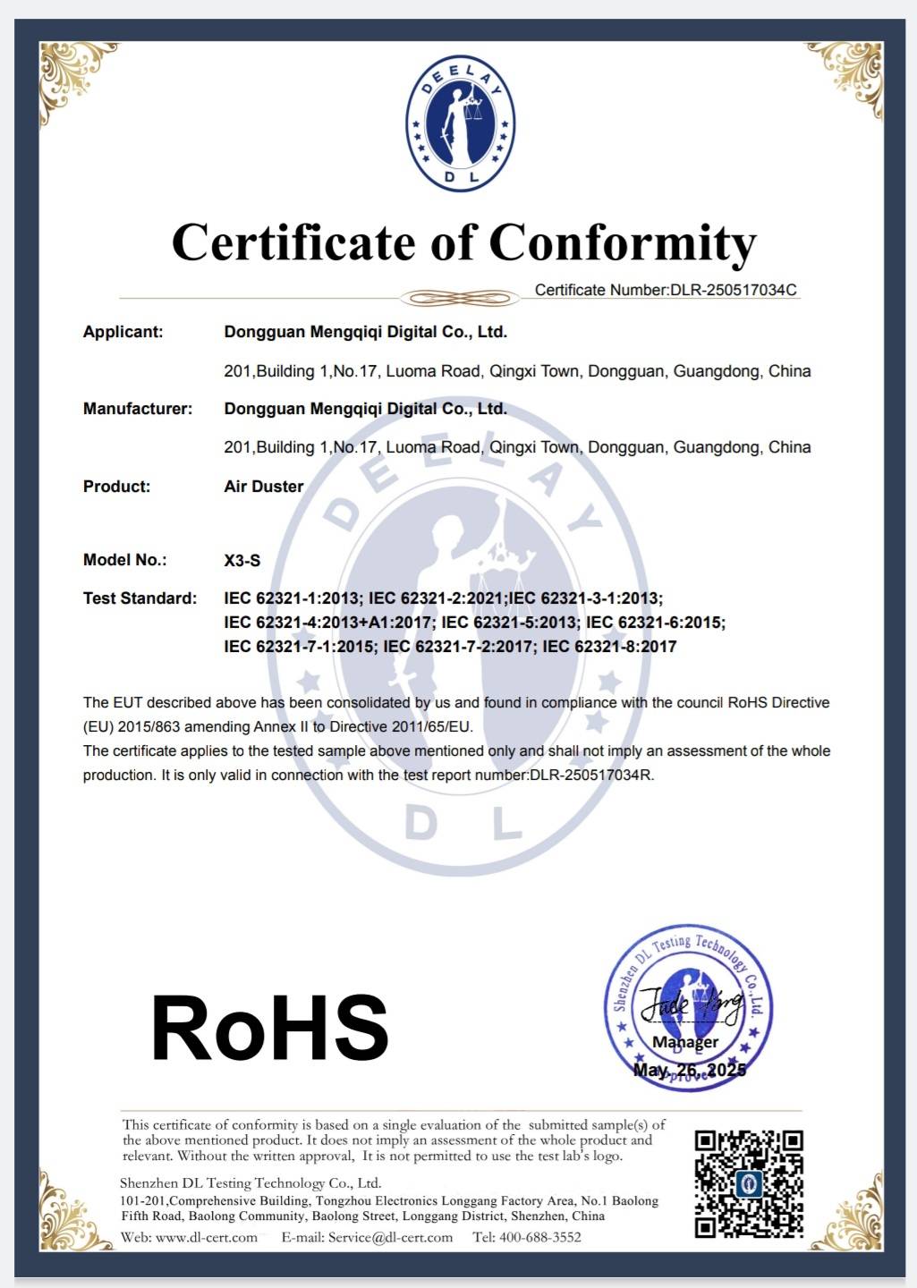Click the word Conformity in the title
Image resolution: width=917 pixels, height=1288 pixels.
(x=623, y=243)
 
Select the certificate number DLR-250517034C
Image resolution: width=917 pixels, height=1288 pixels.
(x=733, y=290)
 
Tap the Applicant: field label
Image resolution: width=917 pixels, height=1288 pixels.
(x=123, y=332)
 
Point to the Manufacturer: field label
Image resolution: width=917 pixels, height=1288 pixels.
(x=138, y=409)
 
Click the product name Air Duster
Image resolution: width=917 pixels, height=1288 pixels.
(x=264, y=487)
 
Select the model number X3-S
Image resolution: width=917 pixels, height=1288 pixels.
(x=242, y=561)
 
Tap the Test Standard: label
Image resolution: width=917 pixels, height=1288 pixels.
(x=140, y=598)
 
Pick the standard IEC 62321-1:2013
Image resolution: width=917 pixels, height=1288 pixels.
(x=293, y=598)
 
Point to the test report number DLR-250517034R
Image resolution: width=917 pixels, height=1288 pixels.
(x=590, y=775)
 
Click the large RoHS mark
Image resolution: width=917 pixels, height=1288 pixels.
(x=270, y=1029)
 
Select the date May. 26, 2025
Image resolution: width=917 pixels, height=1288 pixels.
(x=689, y=1071)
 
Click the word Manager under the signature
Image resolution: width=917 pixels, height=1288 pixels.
(x=685, y=1042)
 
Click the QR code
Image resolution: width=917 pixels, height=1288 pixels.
(x=749, y=1183)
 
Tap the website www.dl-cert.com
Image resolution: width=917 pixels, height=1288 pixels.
(x=207, y=1238)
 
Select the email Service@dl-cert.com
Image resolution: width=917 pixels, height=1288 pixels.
(x=390, y=1238)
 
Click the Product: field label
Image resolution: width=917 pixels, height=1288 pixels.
(x=117, y=487)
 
